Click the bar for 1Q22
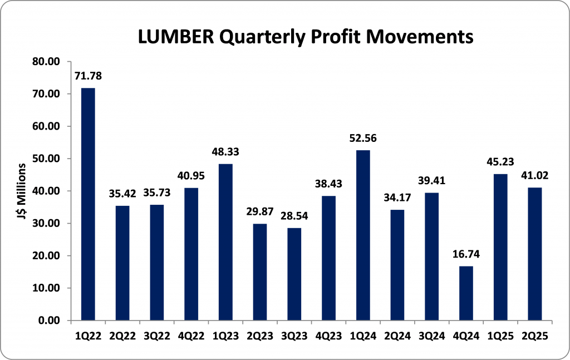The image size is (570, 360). click(x=88, y=204)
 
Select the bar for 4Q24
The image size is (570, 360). click(x=465, y=293)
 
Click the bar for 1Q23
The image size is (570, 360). click(x=225, y=242)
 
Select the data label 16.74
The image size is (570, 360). click(x=465, y=254)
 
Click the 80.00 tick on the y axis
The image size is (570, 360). click(x=46, y=61)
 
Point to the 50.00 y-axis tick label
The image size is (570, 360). click(x=46, y=159)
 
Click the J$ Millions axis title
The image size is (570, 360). click(x=22, y=191)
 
